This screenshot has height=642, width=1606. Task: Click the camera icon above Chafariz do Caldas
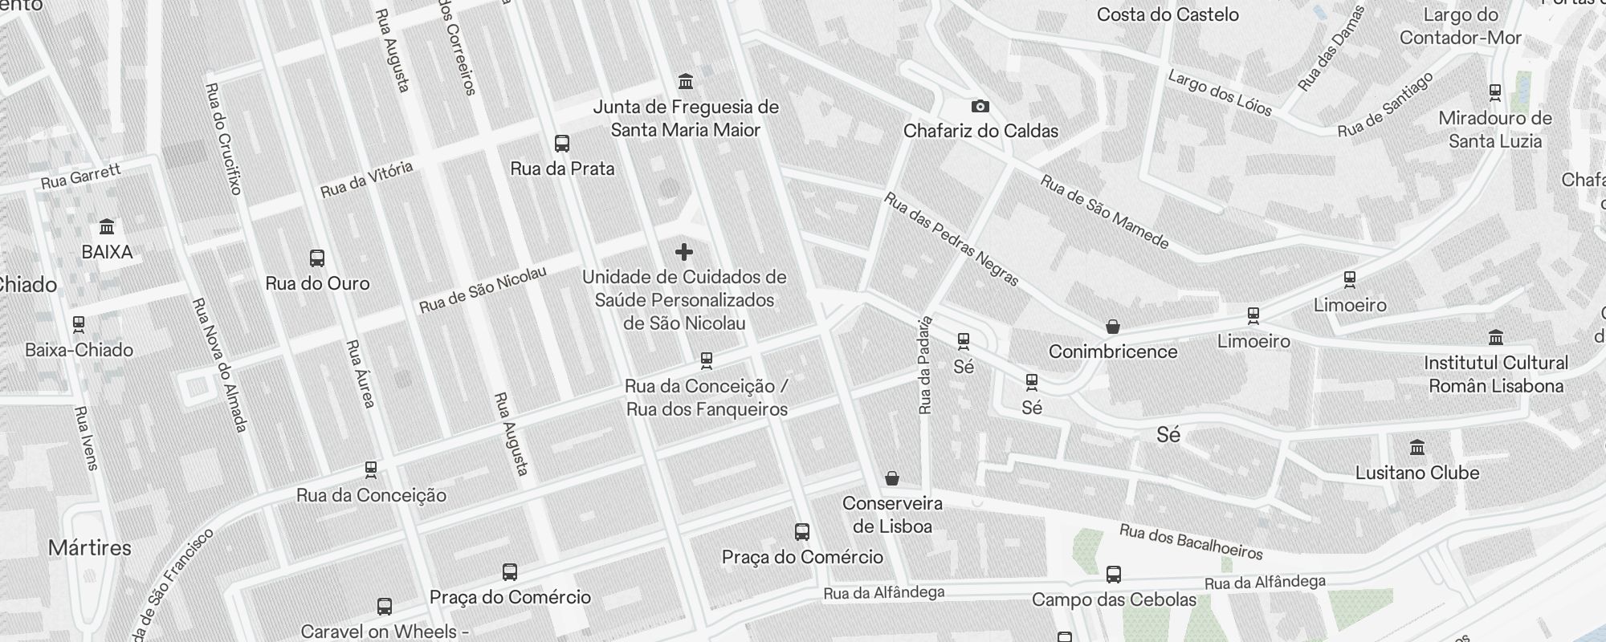pos(980,106)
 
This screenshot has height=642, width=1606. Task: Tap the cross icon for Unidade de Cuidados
pos(684,252)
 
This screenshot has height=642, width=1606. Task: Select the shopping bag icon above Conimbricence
pos(1112,327)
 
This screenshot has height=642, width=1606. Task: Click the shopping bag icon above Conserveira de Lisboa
pos(891,479)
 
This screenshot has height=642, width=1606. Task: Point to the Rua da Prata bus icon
pos(562,144)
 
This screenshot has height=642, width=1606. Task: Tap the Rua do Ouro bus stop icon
pos(317,258)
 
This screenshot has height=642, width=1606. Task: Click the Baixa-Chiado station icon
pos(79,325)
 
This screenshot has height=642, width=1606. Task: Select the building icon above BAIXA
pos(107,227)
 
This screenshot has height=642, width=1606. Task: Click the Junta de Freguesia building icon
pos(686,82)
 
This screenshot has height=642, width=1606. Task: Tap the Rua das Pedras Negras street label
pos(952,239)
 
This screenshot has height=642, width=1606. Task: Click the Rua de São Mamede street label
pos(1104,211)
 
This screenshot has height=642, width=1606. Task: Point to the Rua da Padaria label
pos(925,365)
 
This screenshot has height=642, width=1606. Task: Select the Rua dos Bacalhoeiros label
pos(1191,542)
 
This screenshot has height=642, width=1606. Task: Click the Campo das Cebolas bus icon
pos(1113,575)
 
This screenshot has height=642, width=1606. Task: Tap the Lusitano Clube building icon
pos(1417,448)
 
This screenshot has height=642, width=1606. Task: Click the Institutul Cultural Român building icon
pos(1495,338)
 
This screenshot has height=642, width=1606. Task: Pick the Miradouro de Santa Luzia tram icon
pos(1494,93)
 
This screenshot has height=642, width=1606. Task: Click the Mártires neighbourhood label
pos(90,548)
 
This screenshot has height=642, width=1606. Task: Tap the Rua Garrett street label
pos(80,177)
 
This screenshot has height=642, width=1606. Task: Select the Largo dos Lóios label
pos(1220,93)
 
